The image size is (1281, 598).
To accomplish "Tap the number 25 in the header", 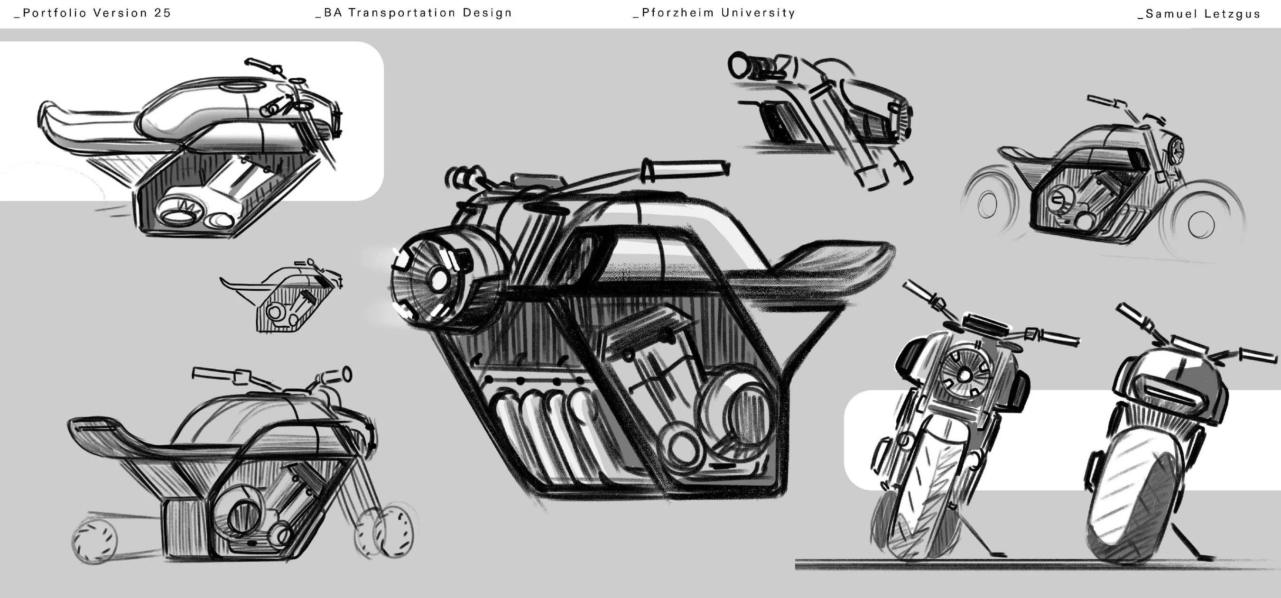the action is pyautogui.click(x=163, y=13).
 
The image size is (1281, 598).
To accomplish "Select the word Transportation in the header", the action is pyautogui.click(x=402, y=13).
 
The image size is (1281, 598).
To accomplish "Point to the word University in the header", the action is pyautogui.click(x=758, y=12).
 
